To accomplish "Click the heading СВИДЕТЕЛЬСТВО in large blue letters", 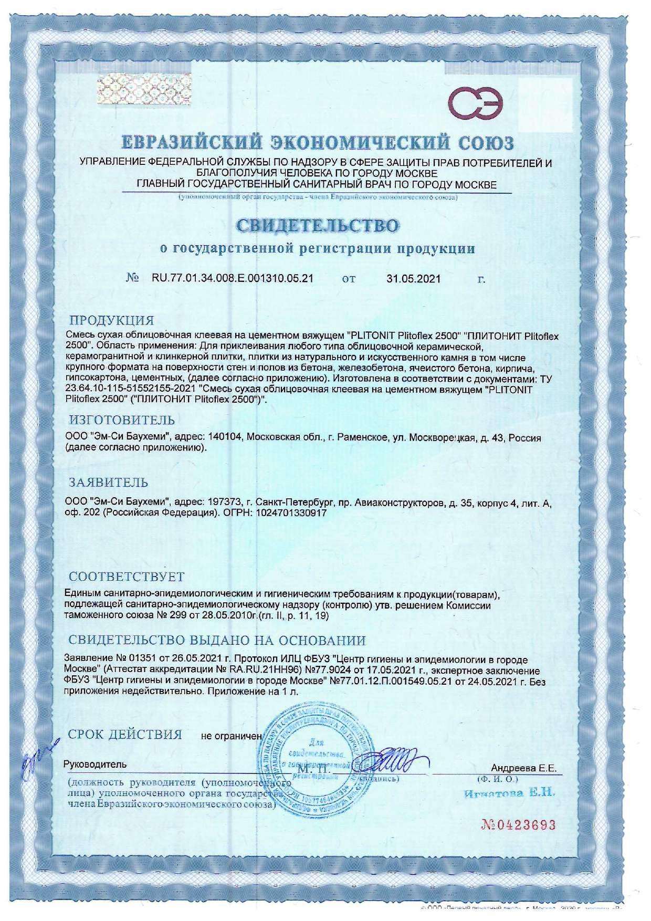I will point(317,226).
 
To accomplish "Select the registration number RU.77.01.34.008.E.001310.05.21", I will point(232,278).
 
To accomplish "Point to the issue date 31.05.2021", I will point(414,279).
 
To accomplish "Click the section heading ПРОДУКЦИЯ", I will point(112,320).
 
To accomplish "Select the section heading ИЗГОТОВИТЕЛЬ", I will point(122,420).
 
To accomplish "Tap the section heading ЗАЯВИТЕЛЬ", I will point(109,482).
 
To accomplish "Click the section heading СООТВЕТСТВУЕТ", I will point(127,577).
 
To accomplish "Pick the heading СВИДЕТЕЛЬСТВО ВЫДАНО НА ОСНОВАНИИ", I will point(217,641).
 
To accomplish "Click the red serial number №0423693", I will point(518,825).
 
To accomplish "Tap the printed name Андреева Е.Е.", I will point(523,768).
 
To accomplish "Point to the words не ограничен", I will point(231,736).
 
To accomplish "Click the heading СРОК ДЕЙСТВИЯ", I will point(125,734).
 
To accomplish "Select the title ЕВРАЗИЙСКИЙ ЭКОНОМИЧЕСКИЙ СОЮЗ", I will point(318,142).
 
